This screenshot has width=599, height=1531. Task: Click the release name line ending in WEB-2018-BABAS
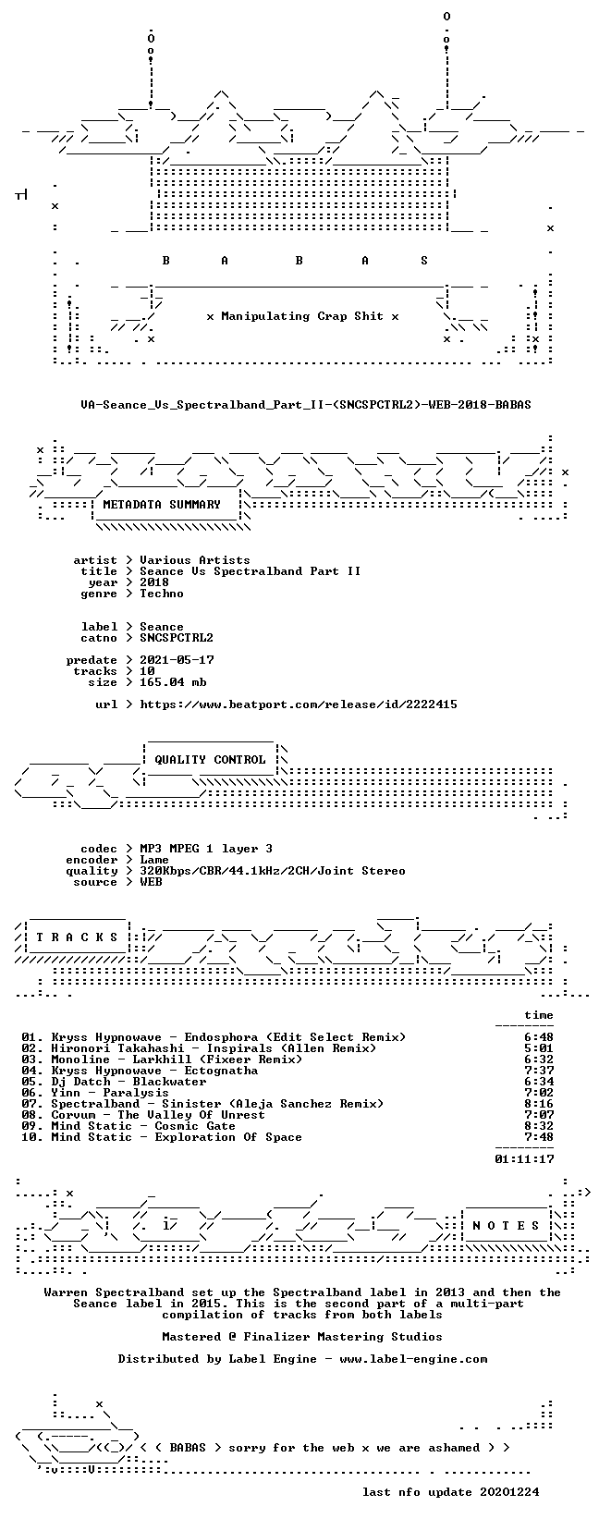(x=305, y=405)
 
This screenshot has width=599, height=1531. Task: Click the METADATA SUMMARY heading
(x=162, y=505)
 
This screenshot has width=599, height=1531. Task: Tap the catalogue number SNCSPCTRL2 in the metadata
(x=177, y=638)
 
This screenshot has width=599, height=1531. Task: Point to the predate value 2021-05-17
(x=177, y=660)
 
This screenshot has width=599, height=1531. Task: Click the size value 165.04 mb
(x=173, y=682)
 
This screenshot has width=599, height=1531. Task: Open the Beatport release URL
(x=299, y=704)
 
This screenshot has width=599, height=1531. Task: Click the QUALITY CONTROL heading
(x=210, y=759)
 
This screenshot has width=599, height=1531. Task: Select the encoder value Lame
(x=154, y=860)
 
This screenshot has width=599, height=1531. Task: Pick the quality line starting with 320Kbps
(x=273, y=871)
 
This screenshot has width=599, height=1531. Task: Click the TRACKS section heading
(x=77, y=937)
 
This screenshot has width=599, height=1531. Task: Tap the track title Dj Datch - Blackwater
(x=128, y=1082)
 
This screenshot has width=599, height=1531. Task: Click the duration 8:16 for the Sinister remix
(x=539, y=1104)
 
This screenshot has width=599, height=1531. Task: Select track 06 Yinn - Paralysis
(x=95, y=1092)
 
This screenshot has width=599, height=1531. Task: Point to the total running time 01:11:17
(x=524, y=1159)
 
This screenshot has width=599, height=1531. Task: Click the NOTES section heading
(x=506, y=1226)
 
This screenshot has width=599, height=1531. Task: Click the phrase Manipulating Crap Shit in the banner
(x=302, y=316)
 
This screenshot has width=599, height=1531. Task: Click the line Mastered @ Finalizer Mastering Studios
(x=302, y=1336)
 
